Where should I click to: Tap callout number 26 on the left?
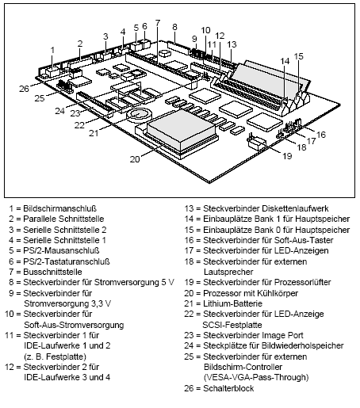24,88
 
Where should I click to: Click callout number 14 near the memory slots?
283,61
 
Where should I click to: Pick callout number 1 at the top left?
52,49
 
